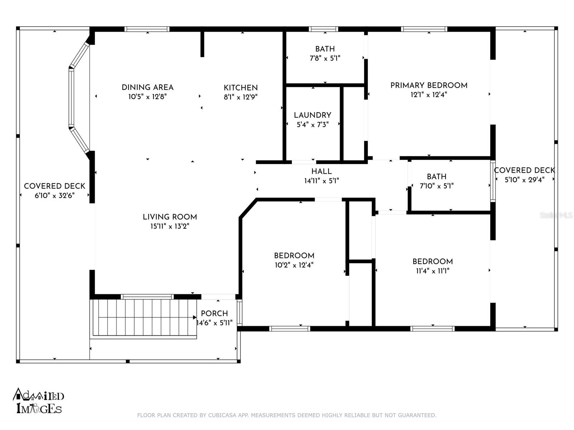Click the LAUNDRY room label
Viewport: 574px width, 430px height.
pos(312,115)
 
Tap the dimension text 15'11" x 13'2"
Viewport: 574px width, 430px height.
pos(170,226)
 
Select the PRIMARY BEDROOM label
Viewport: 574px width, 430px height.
pos(429,85)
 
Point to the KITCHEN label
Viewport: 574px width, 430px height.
pos(241,88)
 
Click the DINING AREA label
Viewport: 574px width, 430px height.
pos(147,87)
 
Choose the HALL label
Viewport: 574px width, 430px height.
pos(321,171)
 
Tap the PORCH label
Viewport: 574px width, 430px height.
pos(214,313)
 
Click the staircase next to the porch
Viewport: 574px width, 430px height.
pos(143,317)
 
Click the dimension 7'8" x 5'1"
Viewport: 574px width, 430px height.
pos(325,58)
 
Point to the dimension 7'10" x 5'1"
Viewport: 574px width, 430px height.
pos(437,186)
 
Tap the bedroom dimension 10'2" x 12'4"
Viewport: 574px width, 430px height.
pos(294,265)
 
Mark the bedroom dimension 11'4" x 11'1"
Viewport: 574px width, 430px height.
pos(433,271)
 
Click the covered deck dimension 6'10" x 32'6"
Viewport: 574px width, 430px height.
pos(55,195)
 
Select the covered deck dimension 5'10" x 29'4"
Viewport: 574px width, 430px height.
pos(524,180)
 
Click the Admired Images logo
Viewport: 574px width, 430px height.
pos(38,401)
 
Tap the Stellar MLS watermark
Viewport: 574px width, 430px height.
pos(556,215)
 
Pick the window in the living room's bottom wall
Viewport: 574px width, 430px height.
pos(147,297)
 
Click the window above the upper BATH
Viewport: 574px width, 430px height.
pos(324,29)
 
